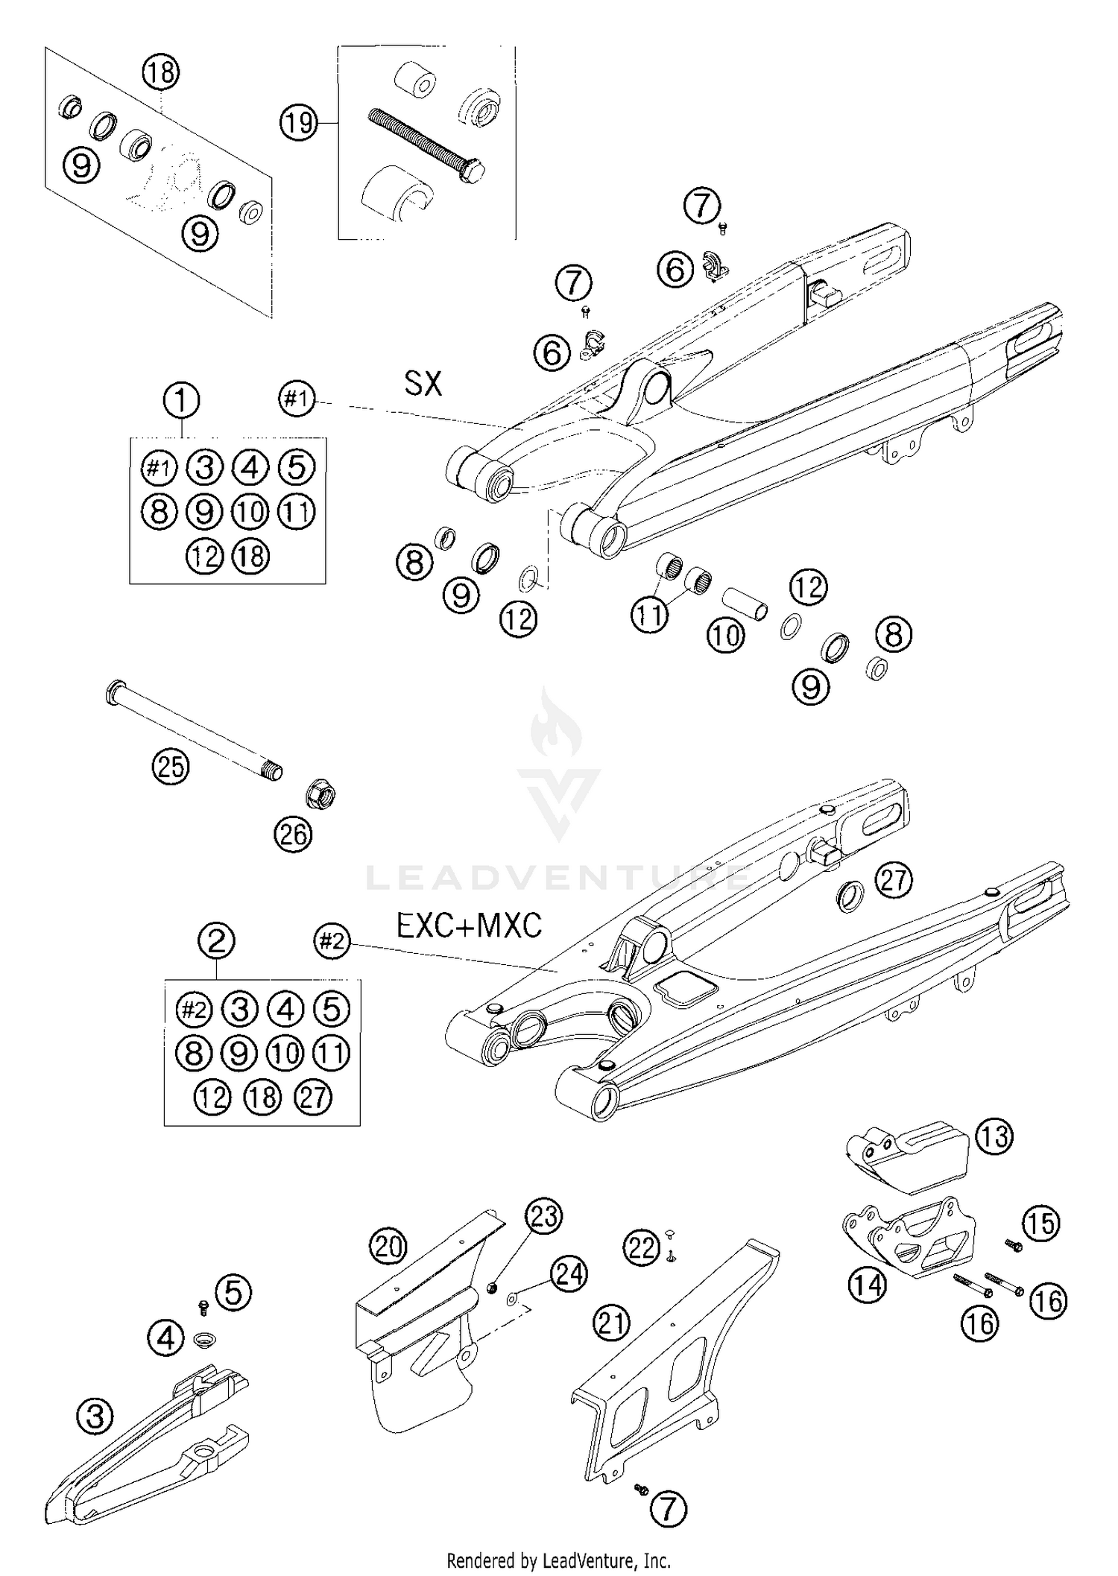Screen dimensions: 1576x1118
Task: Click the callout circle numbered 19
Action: [x=299, y=121]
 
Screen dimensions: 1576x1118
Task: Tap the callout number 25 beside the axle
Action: [x=171, y=766]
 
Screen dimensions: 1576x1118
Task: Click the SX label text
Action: [x=423, y=384]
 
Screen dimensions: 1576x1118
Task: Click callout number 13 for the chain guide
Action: [x=994, y=1137]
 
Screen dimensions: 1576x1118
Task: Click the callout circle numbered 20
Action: [x=388, y=1247]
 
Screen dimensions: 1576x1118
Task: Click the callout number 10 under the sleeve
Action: [x=725, y=636]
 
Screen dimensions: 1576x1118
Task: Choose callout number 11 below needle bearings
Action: [x=649, y=616]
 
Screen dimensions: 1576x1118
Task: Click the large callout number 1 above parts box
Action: [x=181, y=400]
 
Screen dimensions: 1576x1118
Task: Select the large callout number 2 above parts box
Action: [x=216, y=941]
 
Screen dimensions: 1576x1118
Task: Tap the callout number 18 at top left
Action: [x=160, y=72]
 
